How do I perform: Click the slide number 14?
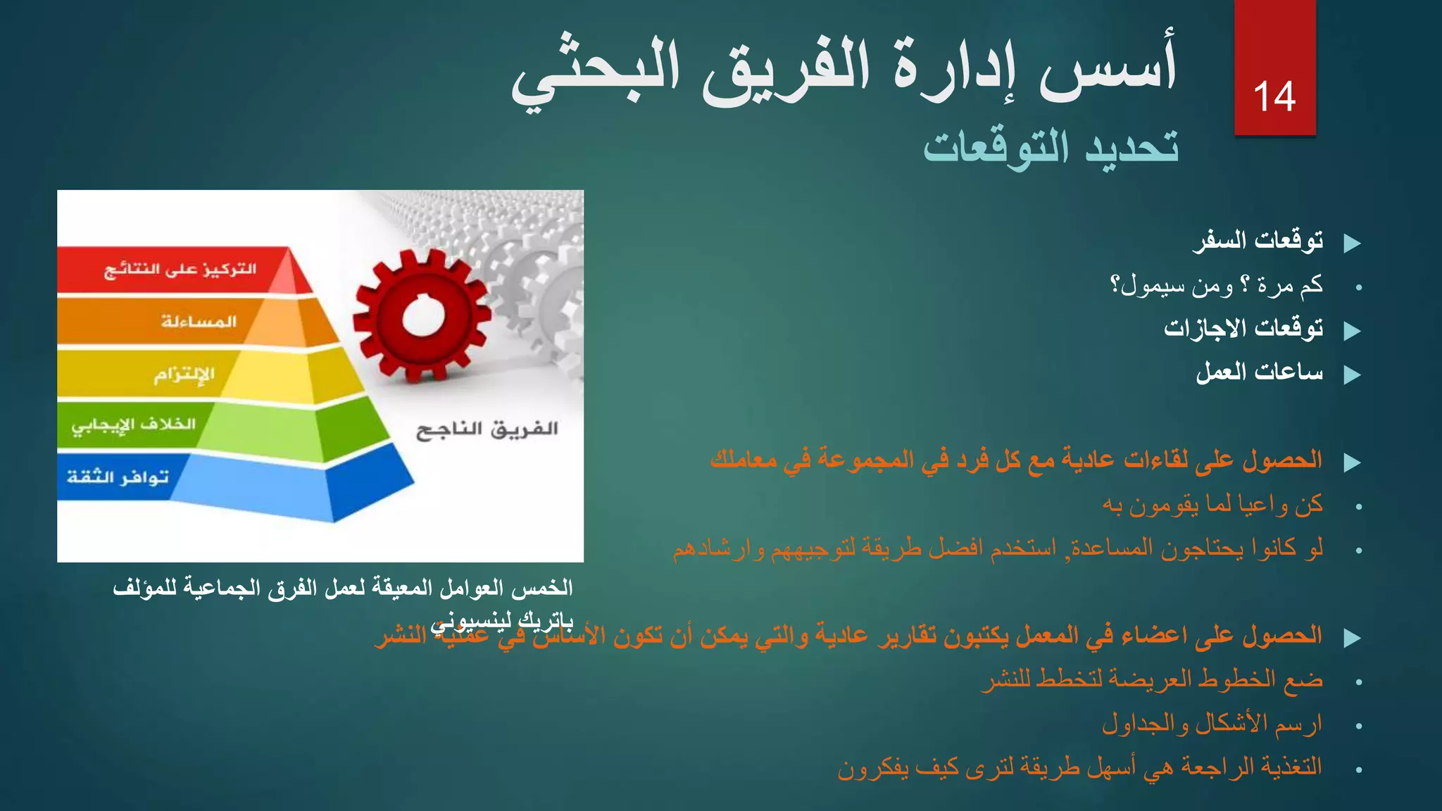click(1274, 97)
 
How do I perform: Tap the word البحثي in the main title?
click(596, 74)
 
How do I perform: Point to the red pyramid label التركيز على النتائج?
click(180, 270)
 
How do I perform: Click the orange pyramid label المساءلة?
click(199, 322)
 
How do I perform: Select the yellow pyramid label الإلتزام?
click(184, 374)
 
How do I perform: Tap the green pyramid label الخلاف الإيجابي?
click(134, 425)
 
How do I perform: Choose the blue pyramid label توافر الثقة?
click(118, 477)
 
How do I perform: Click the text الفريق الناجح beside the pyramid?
click(487, 429)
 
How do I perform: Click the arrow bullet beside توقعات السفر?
click(1352, 244)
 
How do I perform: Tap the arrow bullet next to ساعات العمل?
click(1352, 375)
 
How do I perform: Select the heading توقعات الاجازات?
click(1243, 328)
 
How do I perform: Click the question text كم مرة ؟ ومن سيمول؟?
click(1216, 285)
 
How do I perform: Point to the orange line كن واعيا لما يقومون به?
click(1212, 505)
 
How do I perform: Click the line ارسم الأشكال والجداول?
click(1212, 723)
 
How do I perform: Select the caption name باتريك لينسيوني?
click(503, 622)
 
